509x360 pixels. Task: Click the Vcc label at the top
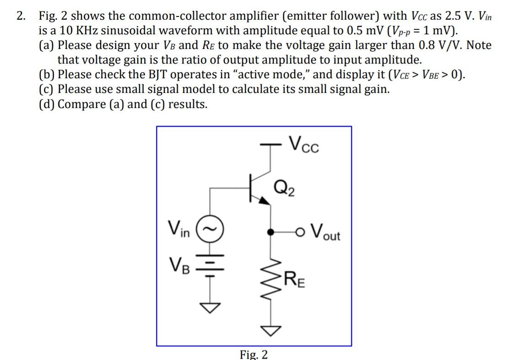[x=304, y=146]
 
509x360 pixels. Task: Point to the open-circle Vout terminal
[x=301, y=232]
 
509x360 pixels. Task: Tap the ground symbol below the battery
[x=210, y=308]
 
